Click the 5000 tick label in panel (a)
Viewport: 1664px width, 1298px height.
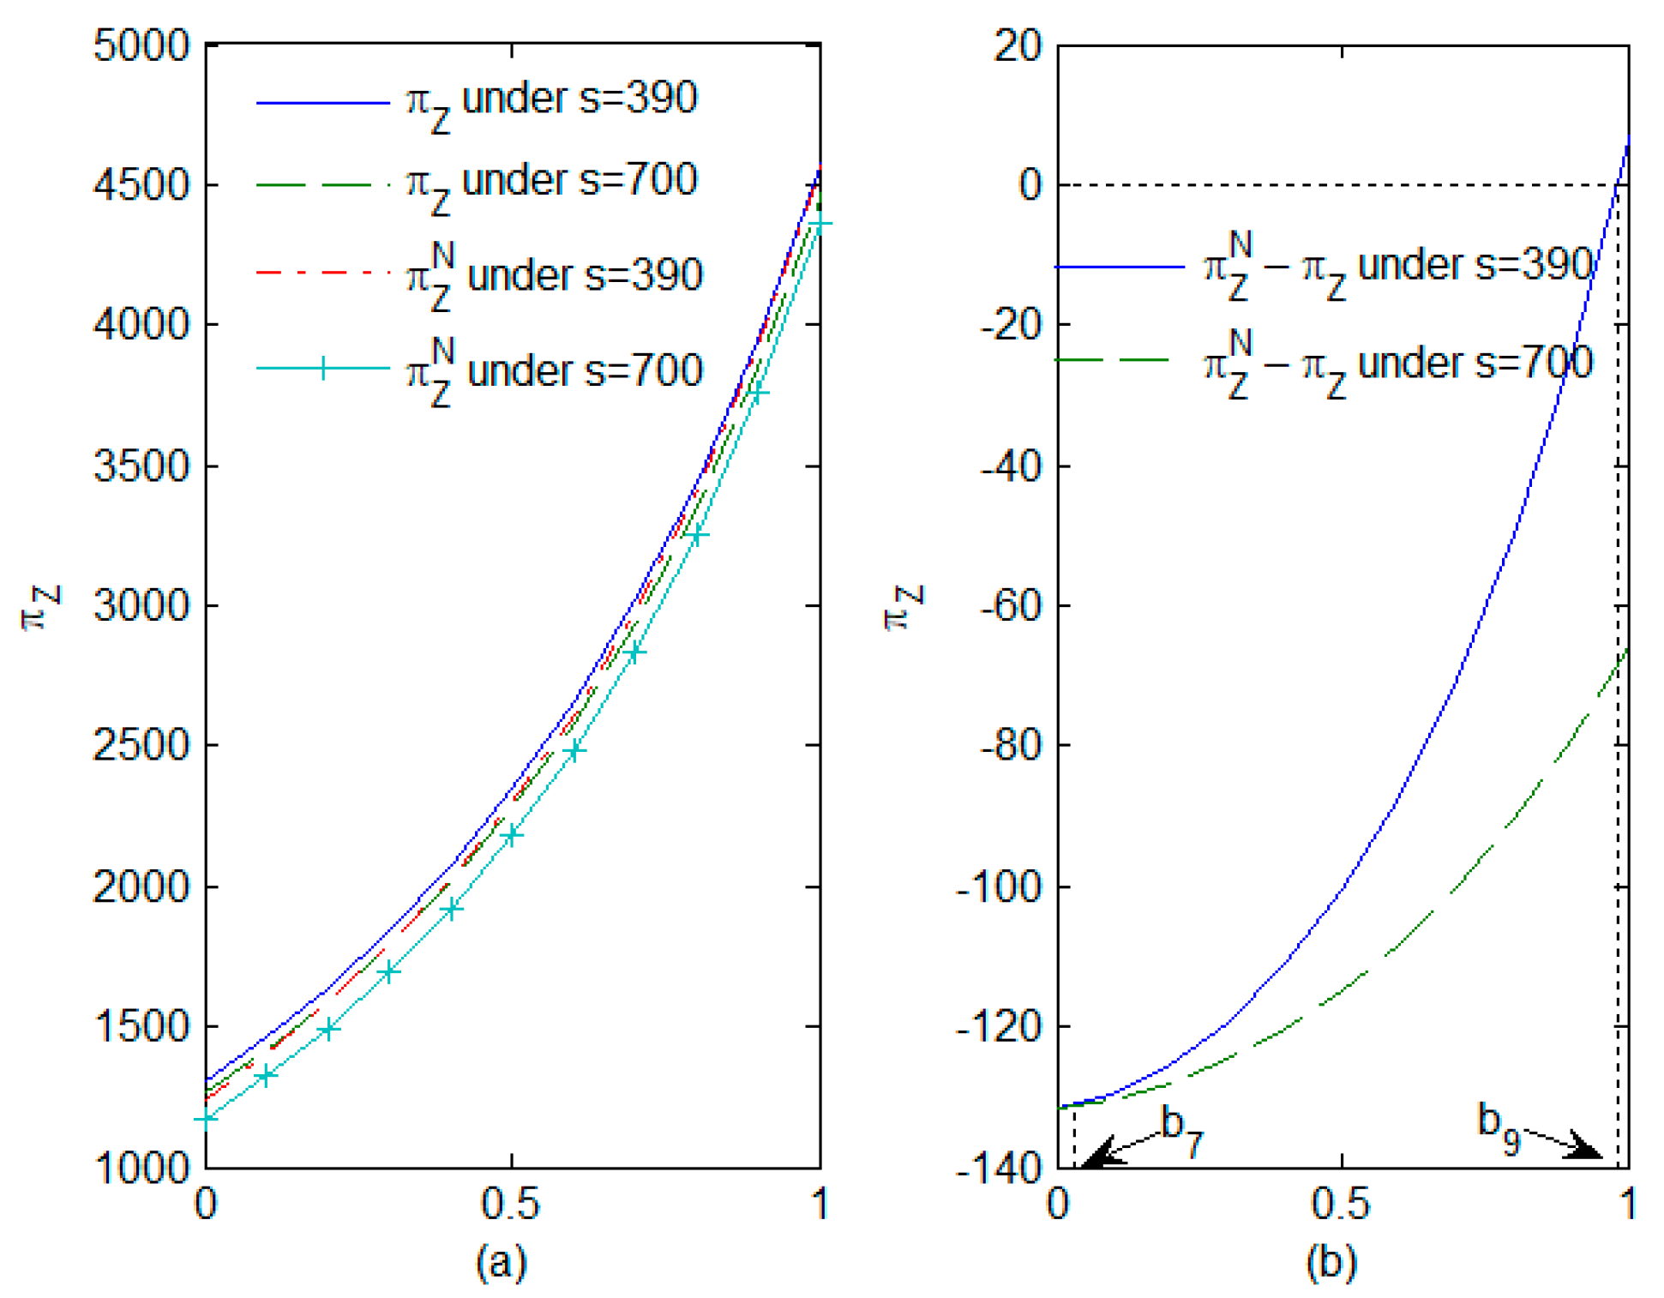(141, 46)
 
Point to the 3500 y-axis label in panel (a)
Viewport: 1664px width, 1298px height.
(141, 466)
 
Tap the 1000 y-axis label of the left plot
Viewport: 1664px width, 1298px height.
(141, 1167)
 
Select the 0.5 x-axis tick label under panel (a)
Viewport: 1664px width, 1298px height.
(511, 1204)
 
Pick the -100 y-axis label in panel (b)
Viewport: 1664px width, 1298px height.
(999, 886)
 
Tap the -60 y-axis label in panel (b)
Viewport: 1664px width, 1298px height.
(1011, 606)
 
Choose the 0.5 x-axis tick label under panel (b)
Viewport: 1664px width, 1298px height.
(1341, 1204)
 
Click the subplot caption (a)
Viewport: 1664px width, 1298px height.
(502, 1262)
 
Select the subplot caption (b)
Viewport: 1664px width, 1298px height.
(1331, 1262)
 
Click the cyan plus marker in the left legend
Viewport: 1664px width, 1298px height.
(322, 369)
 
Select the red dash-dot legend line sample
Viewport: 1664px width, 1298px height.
(322, 273)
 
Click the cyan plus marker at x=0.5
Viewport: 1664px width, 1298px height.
(512, 834)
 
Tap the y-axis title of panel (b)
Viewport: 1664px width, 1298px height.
(904, 606)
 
